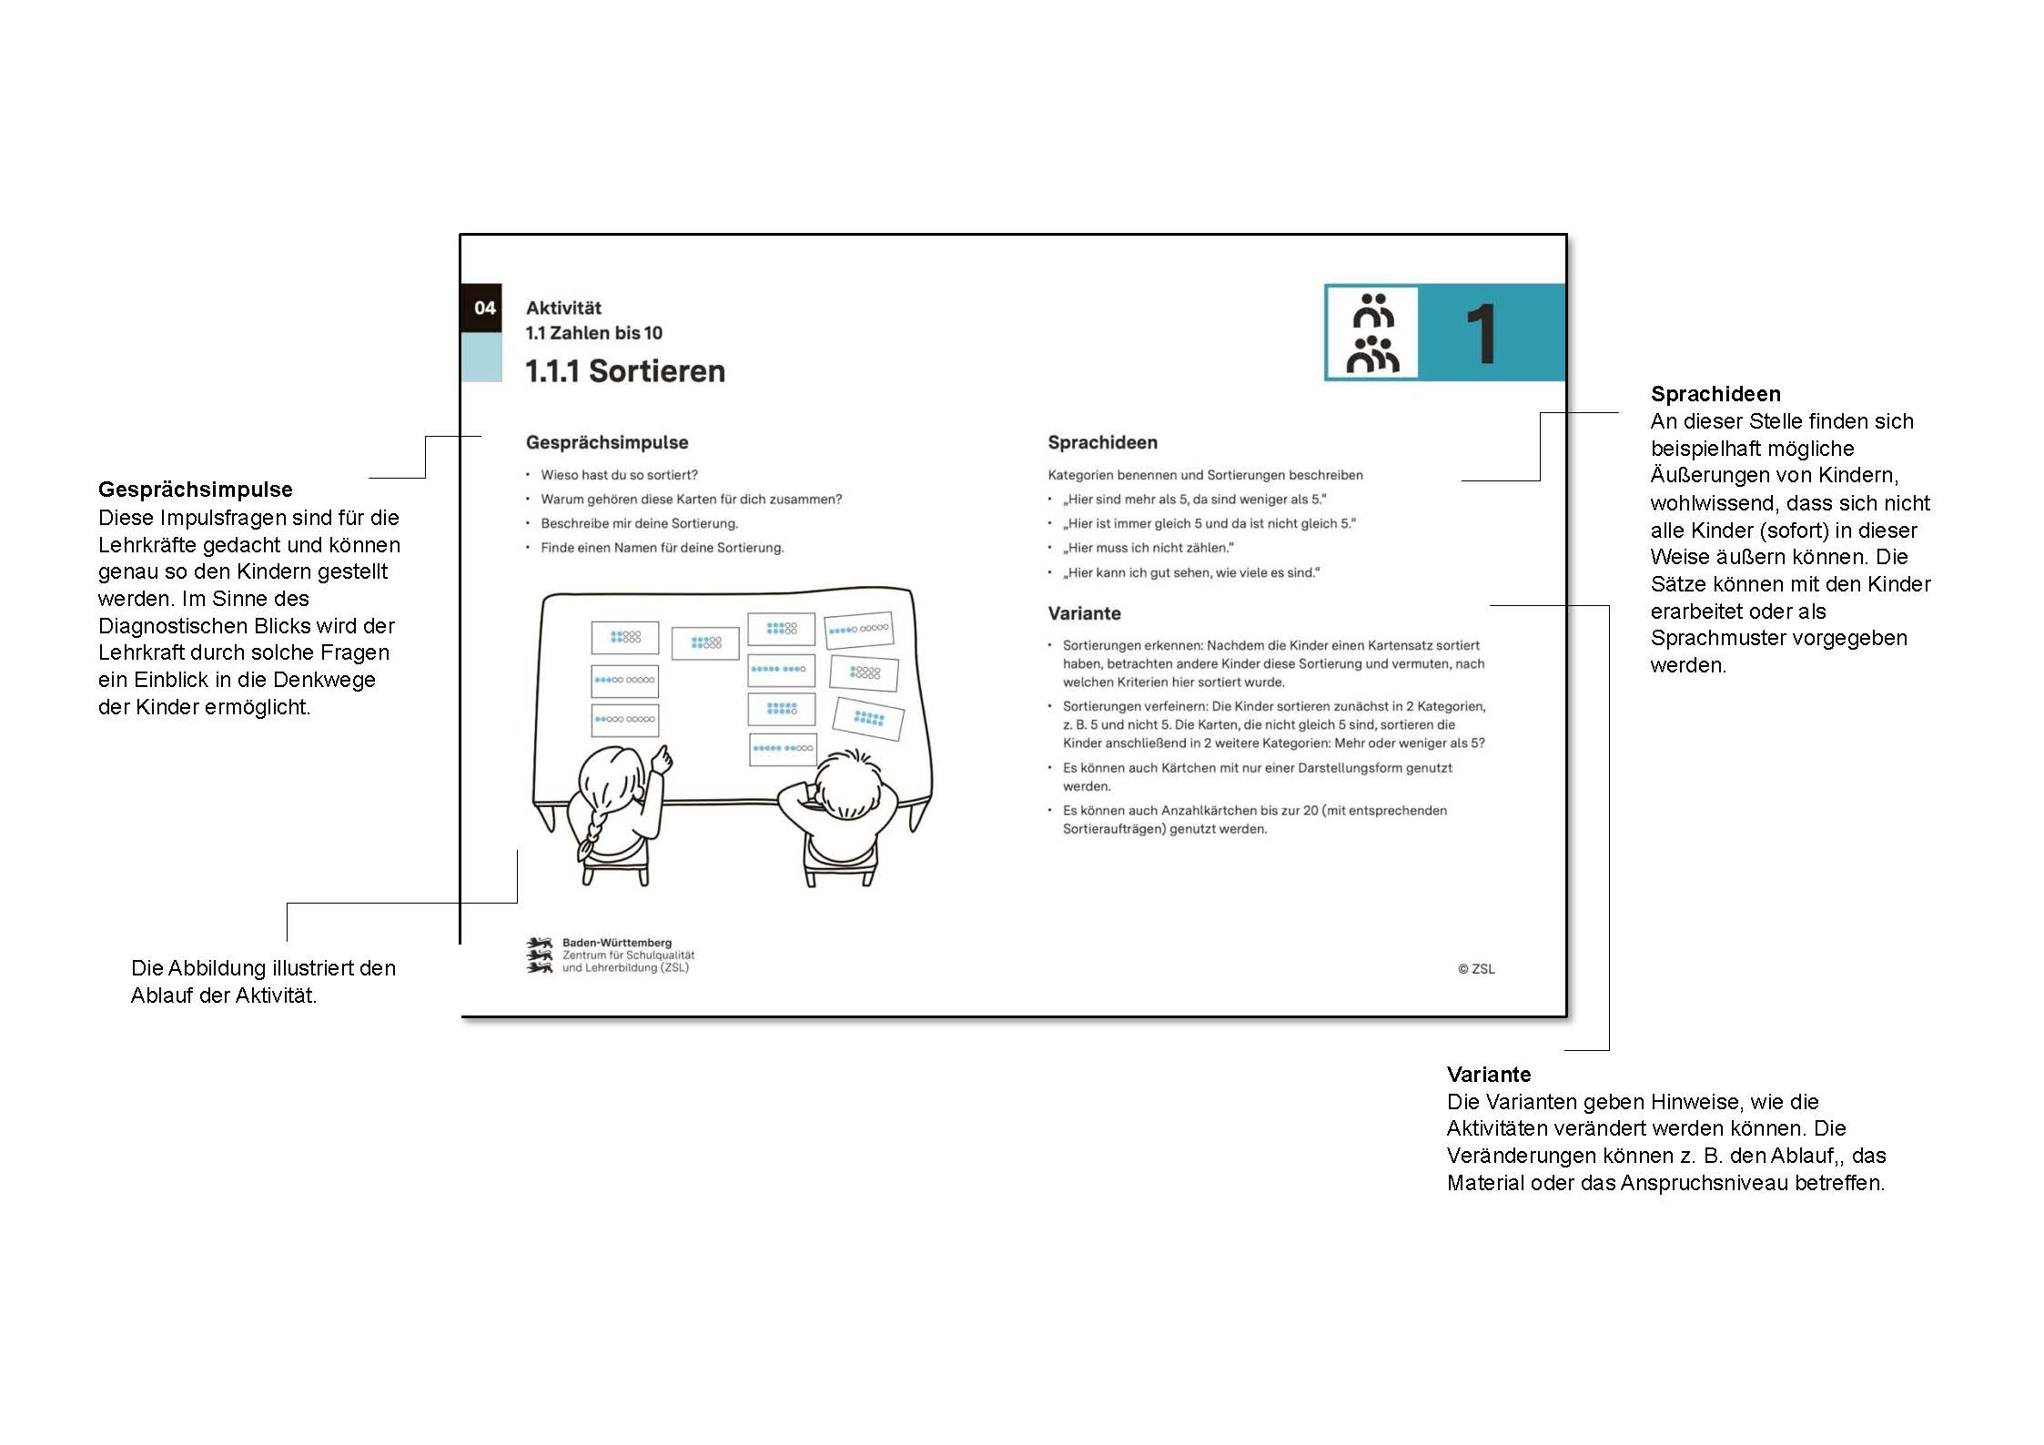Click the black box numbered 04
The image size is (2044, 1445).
coord(482,308)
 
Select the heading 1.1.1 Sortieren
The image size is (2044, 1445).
coord(625,371)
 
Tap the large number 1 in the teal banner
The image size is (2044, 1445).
coord(1481,334)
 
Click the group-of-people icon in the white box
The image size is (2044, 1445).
coord(1371,333)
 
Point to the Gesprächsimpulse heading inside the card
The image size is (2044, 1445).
coord(607,443)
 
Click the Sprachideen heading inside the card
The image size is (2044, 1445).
coord(1102,443)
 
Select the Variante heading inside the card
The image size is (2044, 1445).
coord(1084,613)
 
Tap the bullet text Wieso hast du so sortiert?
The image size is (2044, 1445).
coord(619,475)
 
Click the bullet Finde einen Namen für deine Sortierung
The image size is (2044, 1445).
coord(662,548)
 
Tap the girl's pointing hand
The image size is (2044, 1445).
coord(663,758)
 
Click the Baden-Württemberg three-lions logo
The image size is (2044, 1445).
coord(540,955)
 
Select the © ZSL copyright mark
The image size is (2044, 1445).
coord(1475,969)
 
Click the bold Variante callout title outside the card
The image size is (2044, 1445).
coord(1489,1074)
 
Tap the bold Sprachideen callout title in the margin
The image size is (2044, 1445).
coord(1715,394)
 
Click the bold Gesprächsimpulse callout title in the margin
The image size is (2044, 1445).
coord(196,490)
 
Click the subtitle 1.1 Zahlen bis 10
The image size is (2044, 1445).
coord(593,333)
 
